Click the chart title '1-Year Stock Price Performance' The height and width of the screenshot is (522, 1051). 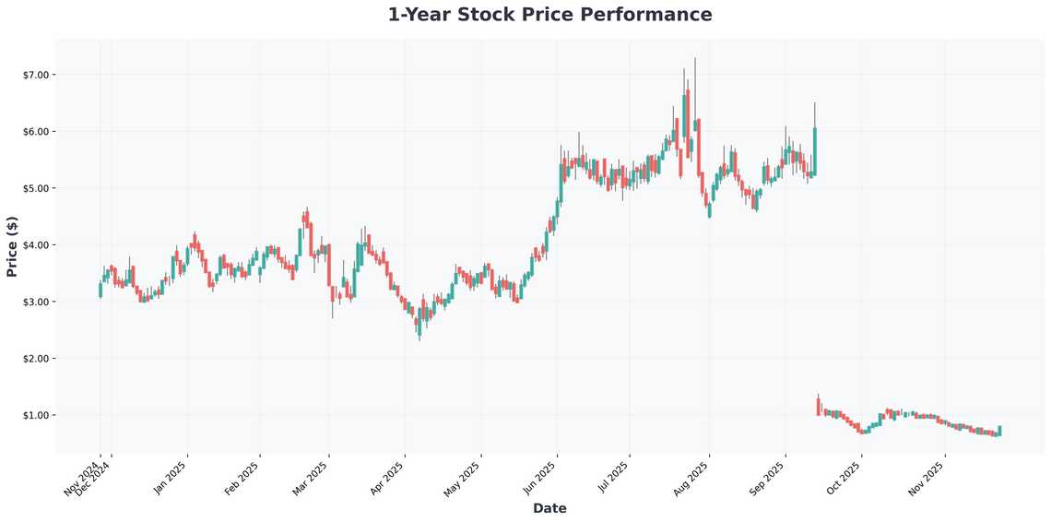click(x=549, y=15)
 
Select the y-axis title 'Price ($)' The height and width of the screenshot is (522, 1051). click(x=12, y=246)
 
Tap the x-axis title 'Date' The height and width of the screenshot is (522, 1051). click(x=549, y=508)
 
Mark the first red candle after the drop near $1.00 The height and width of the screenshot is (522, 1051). click(x=818, y=406)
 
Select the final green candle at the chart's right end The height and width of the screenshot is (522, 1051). click(x=999, y=431)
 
